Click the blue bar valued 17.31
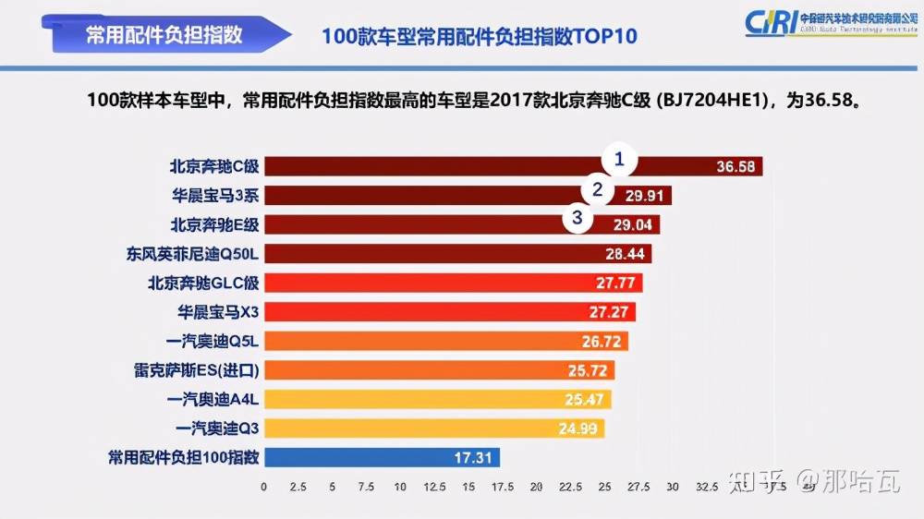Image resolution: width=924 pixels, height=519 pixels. coord(382,457)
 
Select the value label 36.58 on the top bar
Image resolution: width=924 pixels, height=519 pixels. coord(736,167)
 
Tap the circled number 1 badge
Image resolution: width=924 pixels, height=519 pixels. coord(620,160)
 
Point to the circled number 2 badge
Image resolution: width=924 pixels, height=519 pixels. coord(598,190)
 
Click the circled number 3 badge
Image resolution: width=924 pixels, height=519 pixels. coord(577,219)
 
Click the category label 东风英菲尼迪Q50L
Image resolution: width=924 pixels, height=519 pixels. coord(193,253)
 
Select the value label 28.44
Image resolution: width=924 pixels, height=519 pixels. coord(625,254)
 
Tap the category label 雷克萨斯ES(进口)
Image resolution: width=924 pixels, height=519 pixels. coord(197,370)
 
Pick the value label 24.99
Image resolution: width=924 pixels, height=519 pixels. coord(577,428)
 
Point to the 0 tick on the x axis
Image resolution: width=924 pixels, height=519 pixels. coord(264,487)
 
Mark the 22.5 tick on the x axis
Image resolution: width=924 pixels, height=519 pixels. coord(571,487)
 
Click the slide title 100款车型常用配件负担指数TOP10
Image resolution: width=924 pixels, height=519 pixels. coord(480,36)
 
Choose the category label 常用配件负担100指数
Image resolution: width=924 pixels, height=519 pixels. coord(184,457)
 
